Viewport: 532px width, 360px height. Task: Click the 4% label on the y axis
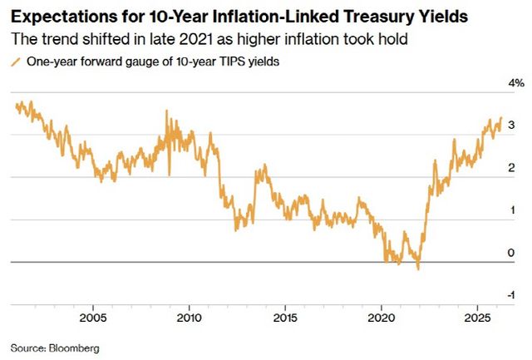516,83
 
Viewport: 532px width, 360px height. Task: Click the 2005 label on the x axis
92,318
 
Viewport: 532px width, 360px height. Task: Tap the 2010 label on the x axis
189,318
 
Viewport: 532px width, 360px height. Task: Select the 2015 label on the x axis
285,318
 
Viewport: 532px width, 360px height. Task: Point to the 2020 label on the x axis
382,318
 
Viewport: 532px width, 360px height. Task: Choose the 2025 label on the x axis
477,318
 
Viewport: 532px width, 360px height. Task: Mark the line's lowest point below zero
417,269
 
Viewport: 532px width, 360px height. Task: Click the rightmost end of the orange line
501,118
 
